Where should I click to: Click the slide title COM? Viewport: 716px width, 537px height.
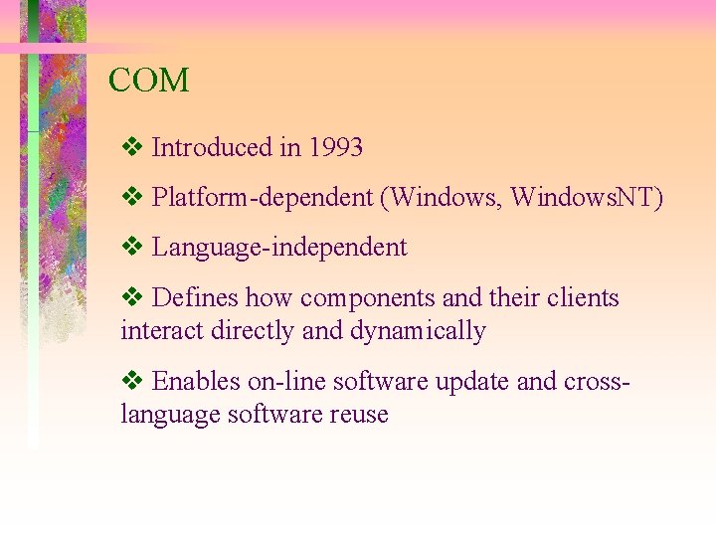[x=148, y=81]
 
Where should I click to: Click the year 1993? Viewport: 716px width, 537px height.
[x=335, y=148]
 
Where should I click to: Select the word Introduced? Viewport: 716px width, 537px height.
[x=212, y=148]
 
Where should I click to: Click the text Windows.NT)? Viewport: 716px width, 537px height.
[x=587, y=198]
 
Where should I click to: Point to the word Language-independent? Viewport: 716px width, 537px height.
[x=279, y=248]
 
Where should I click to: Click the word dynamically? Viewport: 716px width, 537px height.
[x=418, y=331]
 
